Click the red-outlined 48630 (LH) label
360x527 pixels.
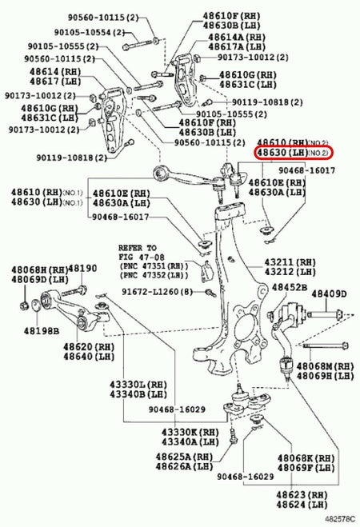tap(293, 152)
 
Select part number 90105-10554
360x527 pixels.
tap(86, 32)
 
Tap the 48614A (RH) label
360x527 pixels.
tap(238, 37)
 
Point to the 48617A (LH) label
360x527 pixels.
tap(238, 47)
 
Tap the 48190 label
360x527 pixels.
tap(82, 269)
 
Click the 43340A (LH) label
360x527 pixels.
tap(189, 441)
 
